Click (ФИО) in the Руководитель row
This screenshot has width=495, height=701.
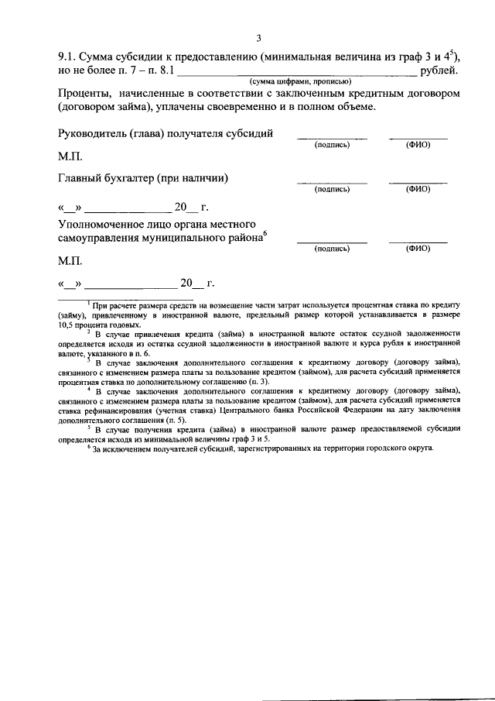(418, 145)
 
